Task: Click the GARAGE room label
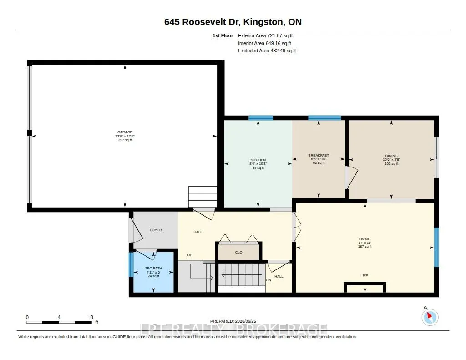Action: point(125,132)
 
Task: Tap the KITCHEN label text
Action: point(258,160)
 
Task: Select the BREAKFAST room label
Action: point(319,156)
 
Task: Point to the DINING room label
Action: point(391,156)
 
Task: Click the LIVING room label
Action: point(365,239)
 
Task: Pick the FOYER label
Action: point(156,230)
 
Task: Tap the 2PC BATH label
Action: point(153,268)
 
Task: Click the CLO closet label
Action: point(238,253)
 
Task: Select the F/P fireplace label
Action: point(365,275)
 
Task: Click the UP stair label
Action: point(190,255)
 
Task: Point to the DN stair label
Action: point(268,280)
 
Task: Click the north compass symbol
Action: point(430,317)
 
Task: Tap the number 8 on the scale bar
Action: point(91,317)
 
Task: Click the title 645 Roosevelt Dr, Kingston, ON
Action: point(233,22)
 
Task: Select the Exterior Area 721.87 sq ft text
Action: point(265,35)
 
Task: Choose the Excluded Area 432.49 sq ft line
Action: point(267,51)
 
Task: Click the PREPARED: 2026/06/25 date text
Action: point(233,321)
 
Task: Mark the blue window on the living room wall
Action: point(436,247)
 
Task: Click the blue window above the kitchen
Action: point(261,118)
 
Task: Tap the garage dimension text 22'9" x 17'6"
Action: point(125,136)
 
